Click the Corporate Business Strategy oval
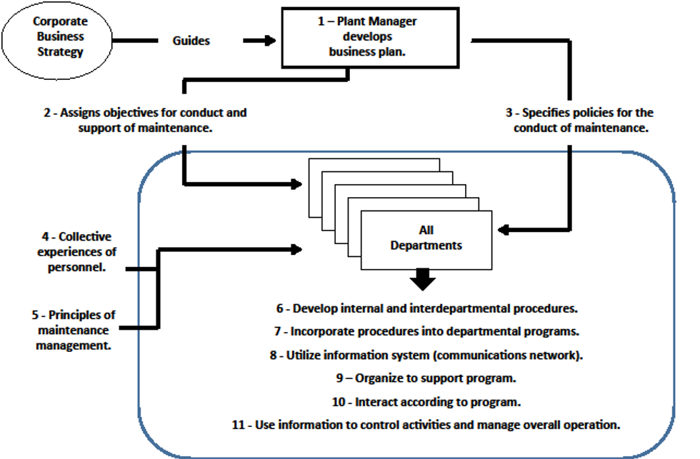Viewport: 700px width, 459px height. click(x=57, y=37)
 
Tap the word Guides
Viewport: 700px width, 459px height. click(x=191, y=41)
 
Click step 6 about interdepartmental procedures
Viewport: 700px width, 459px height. click(x=426, y=309)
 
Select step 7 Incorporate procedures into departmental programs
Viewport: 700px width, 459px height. click(x=426, y=332)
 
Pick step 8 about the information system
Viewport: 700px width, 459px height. click(x=426, y=355)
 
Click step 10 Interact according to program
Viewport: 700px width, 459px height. click(x=426, y=401)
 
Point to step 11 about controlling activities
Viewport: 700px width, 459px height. click(x=426, y=425)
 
